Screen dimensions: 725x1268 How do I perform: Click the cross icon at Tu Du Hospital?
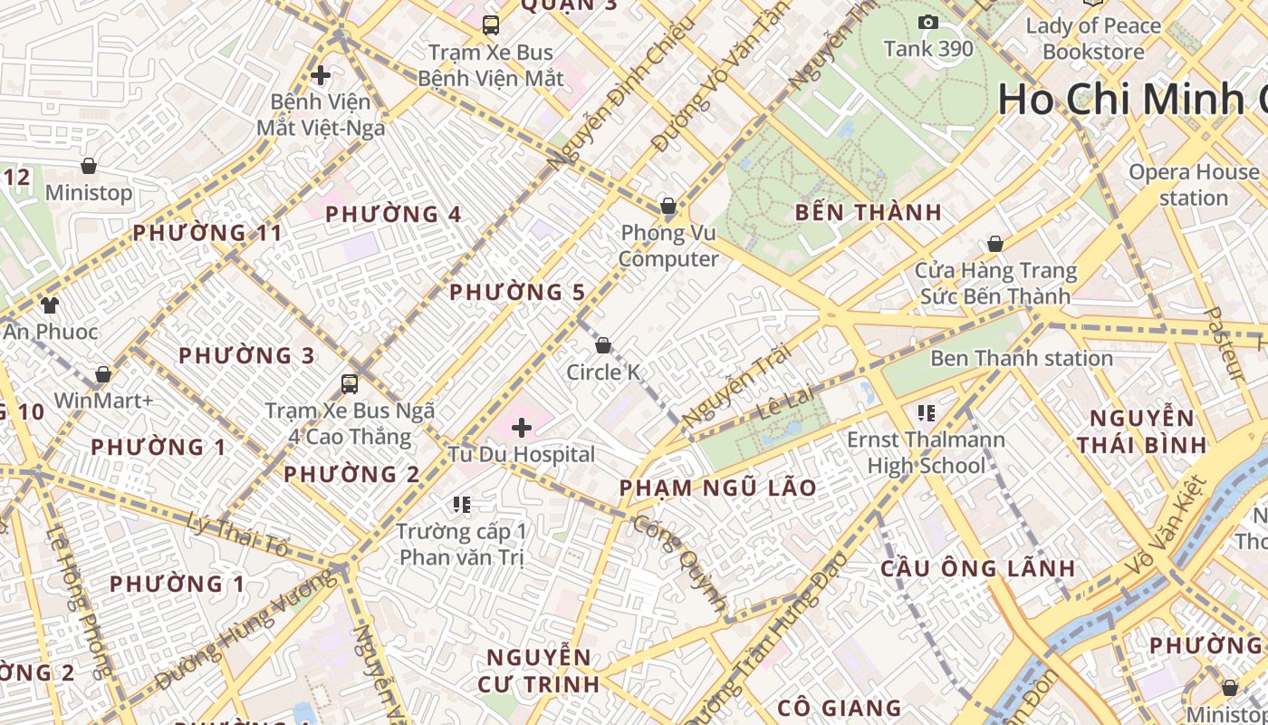click(522, 427)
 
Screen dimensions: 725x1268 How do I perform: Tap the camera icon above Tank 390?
click(928, 22)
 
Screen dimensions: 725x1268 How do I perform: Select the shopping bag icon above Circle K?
click(603, 345)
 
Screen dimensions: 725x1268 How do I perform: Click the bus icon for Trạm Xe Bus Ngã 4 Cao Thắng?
click(350, 383)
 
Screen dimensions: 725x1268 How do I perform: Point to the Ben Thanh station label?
click(1022, 358)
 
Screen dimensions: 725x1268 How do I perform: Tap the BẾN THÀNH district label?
click(869, 213)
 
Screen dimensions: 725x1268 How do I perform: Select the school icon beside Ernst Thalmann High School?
click(926, 413)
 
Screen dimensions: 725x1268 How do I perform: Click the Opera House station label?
click(1194, 185)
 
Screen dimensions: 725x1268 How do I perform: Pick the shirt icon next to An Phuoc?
click(49, 305)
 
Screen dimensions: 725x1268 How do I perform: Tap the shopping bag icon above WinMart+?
click(103, 374)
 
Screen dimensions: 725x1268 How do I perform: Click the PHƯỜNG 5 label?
click(517, 292)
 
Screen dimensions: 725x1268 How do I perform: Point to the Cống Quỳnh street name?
click(681, 562)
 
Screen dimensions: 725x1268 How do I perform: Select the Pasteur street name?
click(1225, 343)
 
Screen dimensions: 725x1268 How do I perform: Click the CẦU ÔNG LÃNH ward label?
click(978, 569)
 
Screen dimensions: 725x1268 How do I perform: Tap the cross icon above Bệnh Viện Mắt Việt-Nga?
click(320, 74)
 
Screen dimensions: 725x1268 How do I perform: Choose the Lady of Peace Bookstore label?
click(1093, 38)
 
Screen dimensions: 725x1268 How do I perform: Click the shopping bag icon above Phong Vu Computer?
click(668, 207)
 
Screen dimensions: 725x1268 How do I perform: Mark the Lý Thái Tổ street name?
click(237, 534)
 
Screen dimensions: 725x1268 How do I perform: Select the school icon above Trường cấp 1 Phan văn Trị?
click(462, 504)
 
